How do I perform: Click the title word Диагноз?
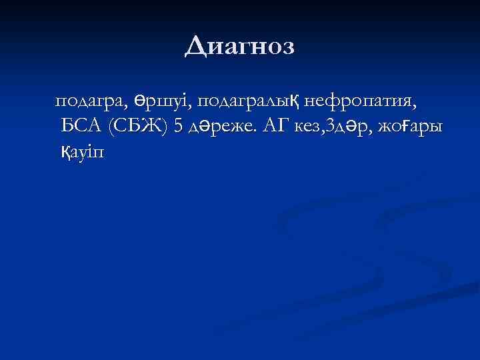239,46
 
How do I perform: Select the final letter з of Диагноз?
287,47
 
